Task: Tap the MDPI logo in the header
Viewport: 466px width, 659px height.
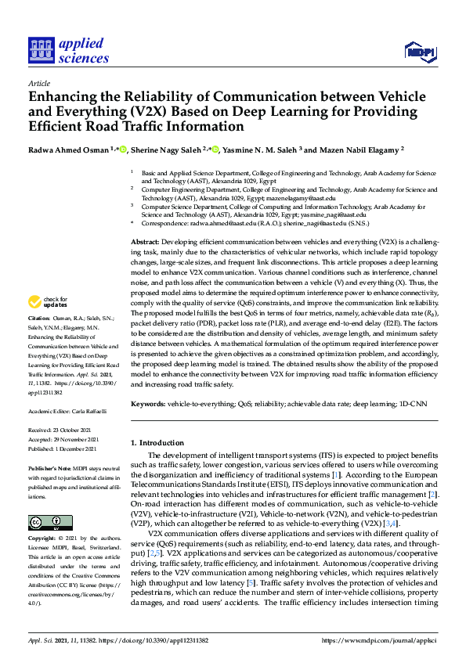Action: (420, 52)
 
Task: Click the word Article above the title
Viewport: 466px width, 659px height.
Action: (38, 83)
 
